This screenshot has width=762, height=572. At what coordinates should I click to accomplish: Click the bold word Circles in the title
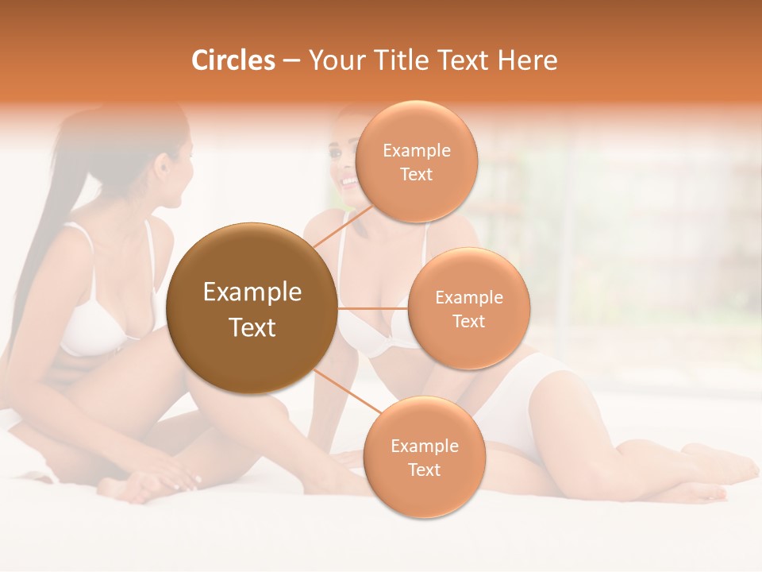(233, 60)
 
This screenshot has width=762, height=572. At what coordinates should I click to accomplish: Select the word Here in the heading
(527, 60)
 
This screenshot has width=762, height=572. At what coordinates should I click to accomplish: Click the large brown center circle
(251, 308)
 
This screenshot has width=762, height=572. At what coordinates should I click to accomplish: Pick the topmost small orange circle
(416, 161)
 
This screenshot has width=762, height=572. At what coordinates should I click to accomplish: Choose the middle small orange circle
(468, 308)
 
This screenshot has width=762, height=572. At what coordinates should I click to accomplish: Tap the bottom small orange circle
(424, 457)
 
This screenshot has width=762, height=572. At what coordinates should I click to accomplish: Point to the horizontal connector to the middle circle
(373, 308)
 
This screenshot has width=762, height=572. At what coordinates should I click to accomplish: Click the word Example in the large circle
(252, 292)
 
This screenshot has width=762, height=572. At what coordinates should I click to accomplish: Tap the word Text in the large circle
(252, 327)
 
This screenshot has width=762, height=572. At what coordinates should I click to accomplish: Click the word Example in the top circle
(416, 150)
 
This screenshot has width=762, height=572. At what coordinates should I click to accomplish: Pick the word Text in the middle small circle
(468, 321)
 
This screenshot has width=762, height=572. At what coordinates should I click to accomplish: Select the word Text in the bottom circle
(424, 470)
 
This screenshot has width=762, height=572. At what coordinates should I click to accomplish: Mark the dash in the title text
(291, 61)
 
